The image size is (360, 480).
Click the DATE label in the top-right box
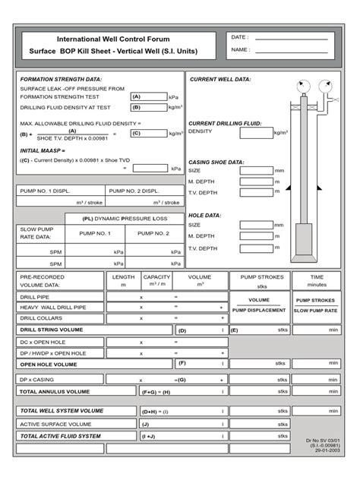[x=238, y=36]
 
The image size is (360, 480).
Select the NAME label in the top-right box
[x=239, y=50]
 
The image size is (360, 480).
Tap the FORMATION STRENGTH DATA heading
[x=61, y=79]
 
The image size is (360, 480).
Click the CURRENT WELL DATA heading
[x=220, y=79]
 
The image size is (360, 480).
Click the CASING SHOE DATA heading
[x=216, y=162]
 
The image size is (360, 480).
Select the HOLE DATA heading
[x=205, y=215]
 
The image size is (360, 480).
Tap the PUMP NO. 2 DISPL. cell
[x=134, y=191]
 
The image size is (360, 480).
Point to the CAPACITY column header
[x=156, y=277]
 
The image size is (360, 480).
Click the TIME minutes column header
[x=317, y=281]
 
